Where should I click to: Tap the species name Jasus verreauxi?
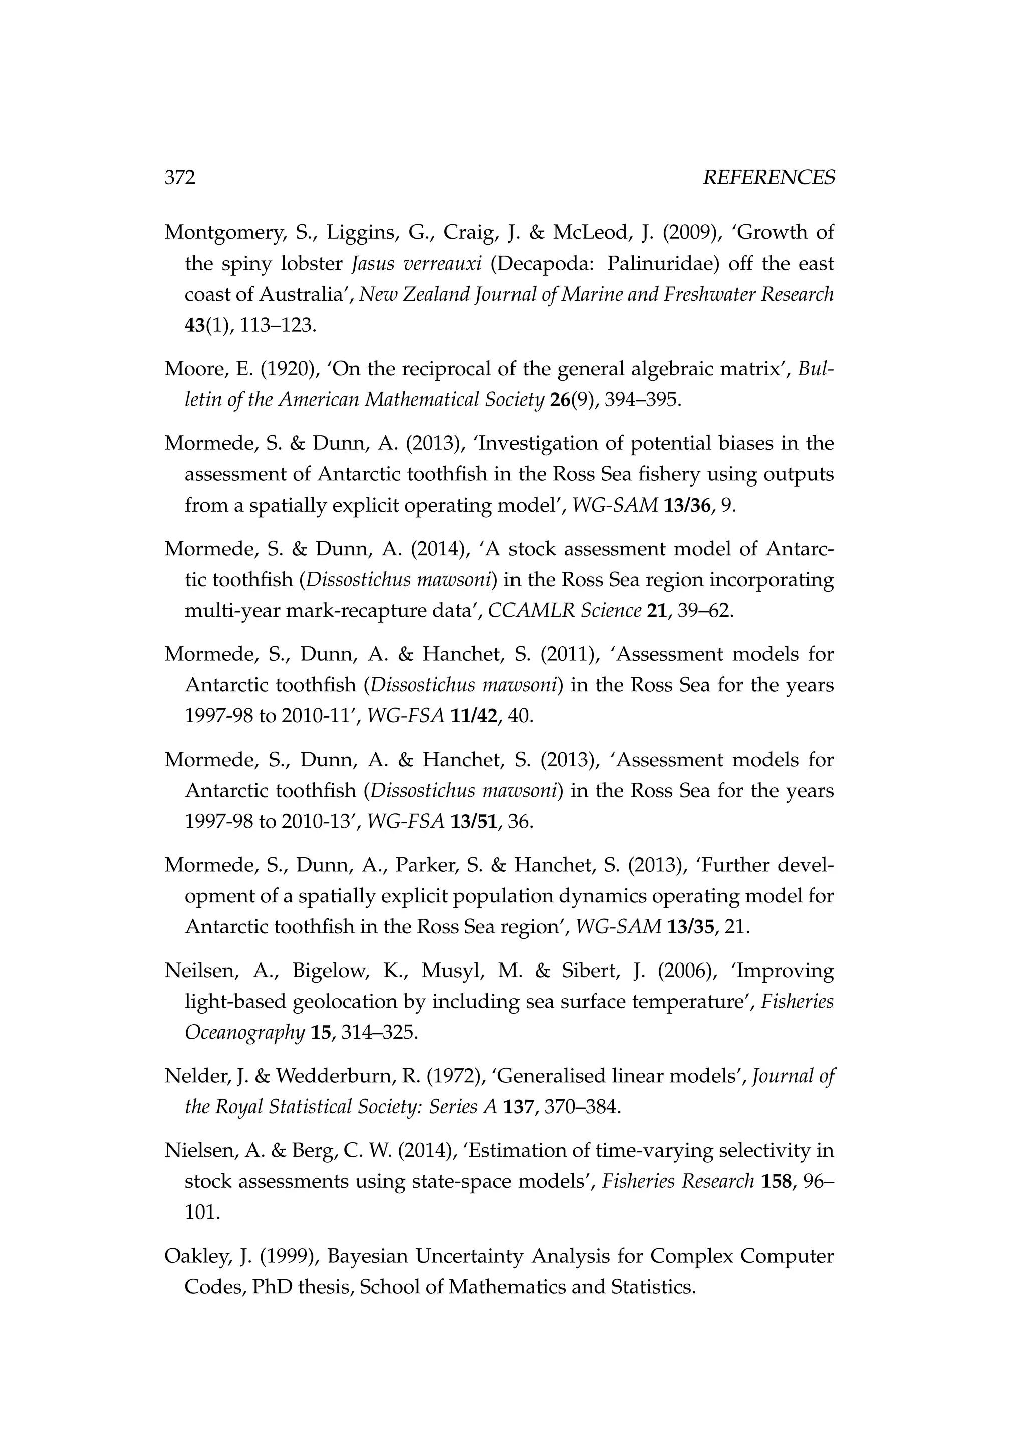pyautogui.click(x=416, y=264)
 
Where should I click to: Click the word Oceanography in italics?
pyautogui.click(x=244, y=1033)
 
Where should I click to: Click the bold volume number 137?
pyautogui.click(x=518, y=1107)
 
